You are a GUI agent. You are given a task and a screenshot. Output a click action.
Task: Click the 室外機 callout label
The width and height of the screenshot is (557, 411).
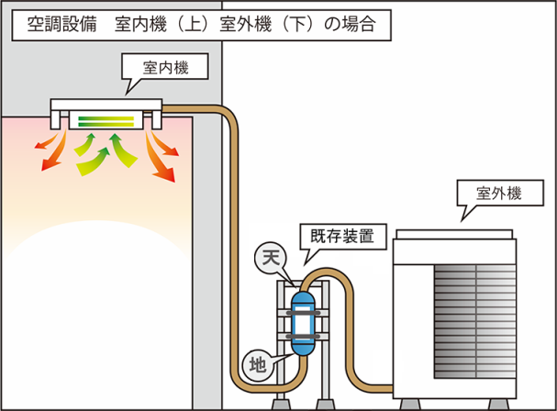tap(500, 193)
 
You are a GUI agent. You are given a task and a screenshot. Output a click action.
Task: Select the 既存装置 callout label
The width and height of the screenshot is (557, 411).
tap(343, 236)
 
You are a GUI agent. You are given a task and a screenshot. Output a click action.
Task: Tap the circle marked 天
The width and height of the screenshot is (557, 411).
tap(271, 259)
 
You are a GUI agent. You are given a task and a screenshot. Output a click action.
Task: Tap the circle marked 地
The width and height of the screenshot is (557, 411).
tap(258, 365)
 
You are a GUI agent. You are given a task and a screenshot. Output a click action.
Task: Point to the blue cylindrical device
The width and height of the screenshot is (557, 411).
tap(303, 324)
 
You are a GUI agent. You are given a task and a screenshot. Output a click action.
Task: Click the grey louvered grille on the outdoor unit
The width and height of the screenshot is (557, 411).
tap(475, 321)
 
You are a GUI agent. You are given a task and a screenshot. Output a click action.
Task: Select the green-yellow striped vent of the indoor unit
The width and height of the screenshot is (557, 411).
tap(106, 121)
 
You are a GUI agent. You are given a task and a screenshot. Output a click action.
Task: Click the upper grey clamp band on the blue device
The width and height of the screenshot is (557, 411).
tap(303, 313)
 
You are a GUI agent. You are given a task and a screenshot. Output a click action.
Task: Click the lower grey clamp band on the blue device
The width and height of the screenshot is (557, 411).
tap(303, 336)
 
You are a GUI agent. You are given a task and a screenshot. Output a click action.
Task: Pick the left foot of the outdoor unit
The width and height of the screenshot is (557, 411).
tap(410, 405)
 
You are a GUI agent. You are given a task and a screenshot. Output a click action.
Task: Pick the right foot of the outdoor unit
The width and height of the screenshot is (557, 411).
tap(498, 405)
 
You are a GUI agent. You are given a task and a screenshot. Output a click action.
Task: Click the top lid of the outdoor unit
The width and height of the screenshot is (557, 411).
tap(454, 234)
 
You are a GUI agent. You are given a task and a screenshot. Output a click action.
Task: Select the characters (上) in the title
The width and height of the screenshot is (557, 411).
tap(193, 25)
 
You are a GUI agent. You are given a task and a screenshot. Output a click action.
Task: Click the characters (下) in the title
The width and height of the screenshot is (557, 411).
tap(297, 25)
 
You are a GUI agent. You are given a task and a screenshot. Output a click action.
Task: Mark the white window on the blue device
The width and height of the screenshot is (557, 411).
tap(303, 324)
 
